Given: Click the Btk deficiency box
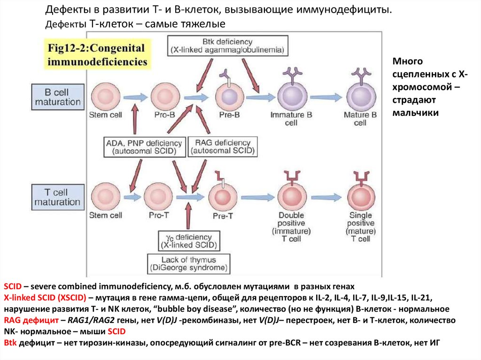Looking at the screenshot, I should coord(228,46).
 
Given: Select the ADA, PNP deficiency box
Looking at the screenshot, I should coord(144,147).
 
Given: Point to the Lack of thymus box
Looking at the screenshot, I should coord(189,264).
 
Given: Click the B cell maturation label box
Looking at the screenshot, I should coord(58,97).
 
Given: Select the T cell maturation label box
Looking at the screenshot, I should coord(57,197).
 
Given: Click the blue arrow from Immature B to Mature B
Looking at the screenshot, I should coord(325,97).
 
